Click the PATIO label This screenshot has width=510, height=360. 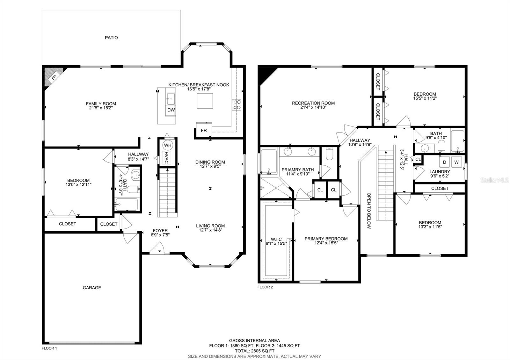click(x=111, y=38)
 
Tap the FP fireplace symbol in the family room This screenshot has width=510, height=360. click(x=54, y=77)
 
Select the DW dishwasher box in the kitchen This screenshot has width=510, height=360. click(x=171, y=110)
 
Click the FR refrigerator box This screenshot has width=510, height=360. click(x=204, y=130)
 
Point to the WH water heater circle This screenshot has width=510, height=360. click(x=168, y=145)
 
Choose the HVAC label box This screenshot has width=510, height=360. click(x=166, y=157)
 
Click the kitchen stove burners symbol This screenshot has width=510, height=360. click(x=237, y=105)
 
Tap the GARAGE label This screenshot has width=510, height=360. click(x=92, y=288)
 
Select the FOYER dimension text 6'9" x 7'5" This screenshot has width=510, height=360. click(x=160, y=235)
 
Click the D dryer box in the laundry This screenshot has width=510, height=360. click(x=444, y=162)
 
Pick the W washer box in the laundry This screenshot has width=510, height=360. click(x=456, y=162)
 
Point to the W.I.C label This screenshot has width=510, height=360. click(x=276, y=239)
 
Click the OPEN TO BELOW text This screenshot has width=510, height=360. click(x=369, y=211)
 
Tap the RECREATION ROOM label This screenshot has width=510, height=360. click(x=313, y=103)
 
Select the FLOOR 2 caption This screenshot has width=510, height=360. click(x=265, y=287)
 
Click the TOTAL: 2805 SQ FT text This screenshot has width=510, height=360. click(x=255, y=351)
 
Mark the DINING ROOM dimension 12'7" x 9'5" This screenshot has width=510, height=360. click(x=210, y=166)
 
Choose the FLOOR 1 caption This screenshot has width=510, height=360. click(x=49, y=348)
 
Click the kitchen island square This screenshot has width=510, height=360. click(x=205, y=101)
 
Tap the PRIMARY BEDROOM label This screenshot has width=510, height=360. click(x=326, y=239)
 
